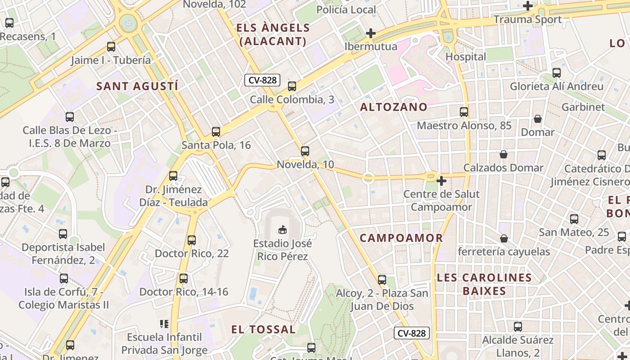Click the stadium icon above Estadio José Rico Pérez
283,230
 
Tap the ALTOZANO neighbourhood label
394,107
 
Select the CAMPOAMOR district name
401,238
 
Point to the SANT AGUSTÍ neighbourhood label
137,86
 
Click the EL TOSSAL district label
263,329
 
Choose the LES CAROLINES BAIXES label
484,284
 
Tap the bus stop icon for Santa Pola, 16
216,132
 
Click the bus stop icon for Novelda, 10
305,151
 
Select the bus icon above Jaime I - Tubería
111,47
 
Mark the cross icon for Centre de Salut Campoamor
441,181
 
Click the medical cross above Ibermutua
371,33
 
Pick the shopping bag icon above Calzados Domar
504,154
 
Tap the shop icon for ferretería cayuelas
504,238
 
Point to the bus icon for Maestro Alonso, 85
464,112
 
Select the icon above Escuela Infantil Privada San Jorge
164,324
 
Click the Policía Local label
346,9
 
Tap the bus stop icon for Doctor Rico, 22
192,240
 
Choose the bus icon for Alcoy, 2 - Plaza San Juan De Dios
382,280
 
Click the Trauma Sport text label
527,19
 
